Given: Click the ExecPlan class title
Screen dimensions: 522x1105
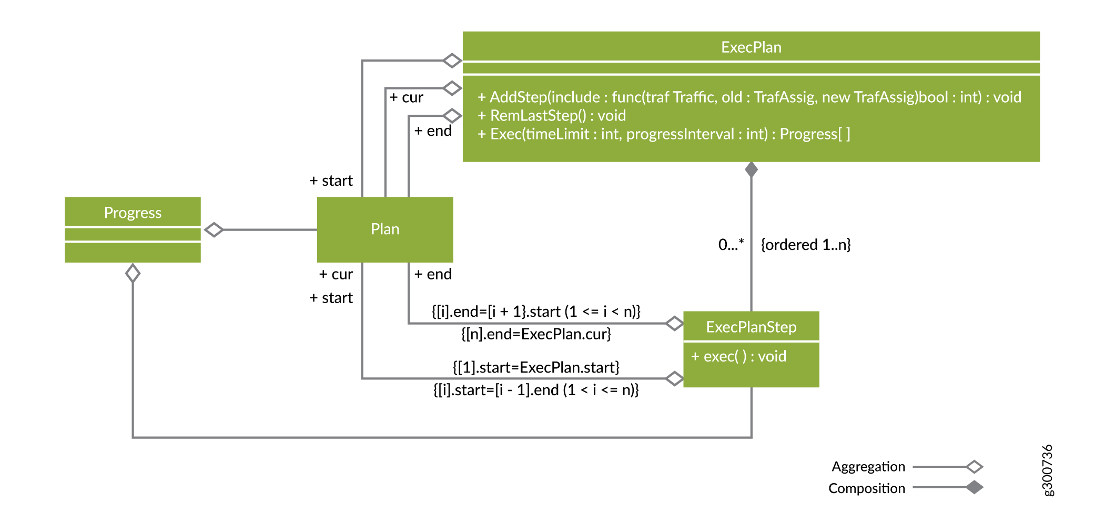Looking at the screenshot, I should click(751, 47).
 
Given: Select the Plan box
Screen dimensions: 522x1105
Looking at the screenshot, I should click(384, 229).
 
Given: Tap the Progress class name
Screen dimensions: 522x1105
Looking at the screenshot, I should click(133, 213).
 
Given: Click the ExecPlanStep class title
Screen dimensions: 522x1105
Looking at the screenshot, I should click(751, 327).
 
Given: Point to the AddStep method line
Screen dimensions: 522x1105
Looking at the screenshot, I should click(749, 97).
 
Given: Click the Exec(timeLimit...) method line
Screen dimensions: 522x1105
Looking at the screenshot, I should click(663, 134).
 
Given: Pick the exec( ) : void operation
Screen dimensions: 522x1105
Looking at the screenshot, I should click(738, 356).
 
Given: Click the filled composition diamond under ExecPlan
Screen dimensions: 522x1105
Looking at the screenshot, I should click(751, 169).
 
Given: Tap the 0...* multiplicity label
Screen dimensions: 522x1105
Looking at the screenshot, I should click(731, 245).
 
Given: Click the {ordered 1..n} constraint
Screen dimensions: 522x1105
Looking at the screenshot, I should click(805, 245).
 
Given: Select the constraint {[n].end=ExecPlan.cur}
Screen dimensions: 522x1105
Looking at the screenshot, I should click(536, 334).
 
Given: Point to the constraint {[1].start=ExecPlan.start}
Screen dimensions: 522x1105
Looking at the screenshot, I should click(536, 367).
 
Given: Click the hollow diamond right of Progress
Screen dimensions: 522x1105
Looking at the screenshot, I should click(214, 230).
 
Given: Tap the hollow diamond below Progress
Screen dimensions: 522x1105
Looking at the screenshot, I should click(133, 273).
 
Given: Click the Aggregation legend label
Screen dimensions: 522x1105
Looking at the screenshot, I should click(868, 467).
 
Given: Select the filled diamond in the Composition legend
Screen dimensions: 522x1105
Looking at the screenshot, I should click(974, 487).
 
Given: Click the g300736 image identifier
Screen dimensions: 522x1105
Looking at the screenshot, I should click(1047, 470).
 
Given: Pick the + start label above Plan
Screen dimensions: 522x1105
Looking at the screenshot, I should click(331, 181).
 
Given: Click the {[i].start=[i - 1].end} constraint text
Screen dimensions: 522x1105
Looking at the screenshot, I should click(536, 390).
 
